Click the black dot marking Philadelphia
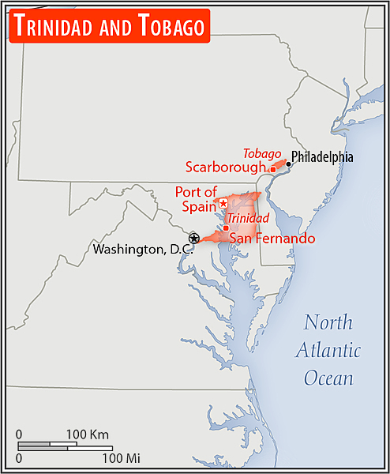click(288, 164)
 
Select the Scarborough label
click(226, 167)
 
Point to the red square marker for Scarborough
click(272, 169)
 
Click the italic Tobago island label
click(262, 153)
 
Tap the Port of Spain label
click(196, 198)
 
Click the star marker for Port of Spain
click(223, 204)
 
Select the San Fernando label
click(272, 238)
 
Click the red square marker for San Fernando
click(226, 228)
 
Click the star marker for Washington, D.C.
click(193, 238)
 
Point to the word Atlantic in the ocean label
click(328, 350)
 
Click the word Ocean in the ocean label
click(328, 378)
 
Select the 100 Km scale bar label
click(87, 434)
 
